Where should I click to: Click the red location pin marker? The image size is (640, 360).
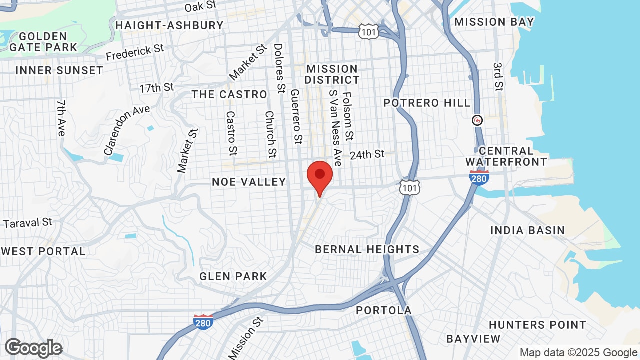tap(320, 176)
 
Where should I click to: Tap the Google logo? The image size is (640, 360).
tap(33, 348)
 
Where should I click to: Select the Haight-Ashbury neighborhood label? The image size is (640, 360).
tap(169, 25)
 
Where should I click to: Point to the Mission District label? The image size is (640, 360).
tap(332, 74)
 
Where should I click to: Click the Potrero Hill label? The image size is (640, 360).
tap(427, 103)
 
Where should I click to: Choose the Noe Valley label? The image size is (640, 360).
tap(249, 182)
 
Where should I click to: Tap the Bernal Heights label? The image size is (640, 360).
tap(367, 249)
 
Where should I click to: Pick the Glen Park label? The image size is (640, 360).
tap(233, 276)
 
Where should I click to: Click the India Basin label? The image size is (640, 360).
tap(527, 230)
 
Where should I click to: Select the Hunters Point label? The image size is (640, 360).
tap(537, 325)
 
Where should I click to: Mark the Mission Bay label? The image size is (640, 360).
tap(494, 22)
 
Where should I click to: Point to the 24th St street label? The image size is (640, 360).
tap(367, 155)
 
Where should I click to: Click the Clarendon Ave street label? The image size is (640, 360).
tap(127, 130)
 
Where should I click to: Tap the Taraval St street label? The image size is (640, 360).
tap(28, 222)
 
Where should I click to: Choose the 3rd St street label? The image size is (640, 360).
tap(498, 77)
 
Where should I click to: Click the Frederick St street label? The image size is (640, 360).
tap(135, 52)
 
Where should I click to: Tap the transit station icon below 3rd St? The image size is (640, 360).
tap(478, 120)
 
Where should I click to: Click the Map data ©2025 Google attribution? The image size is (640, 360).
tap(579, 352)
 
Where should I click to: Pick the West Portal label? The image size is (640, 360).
tap(43, 251)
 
